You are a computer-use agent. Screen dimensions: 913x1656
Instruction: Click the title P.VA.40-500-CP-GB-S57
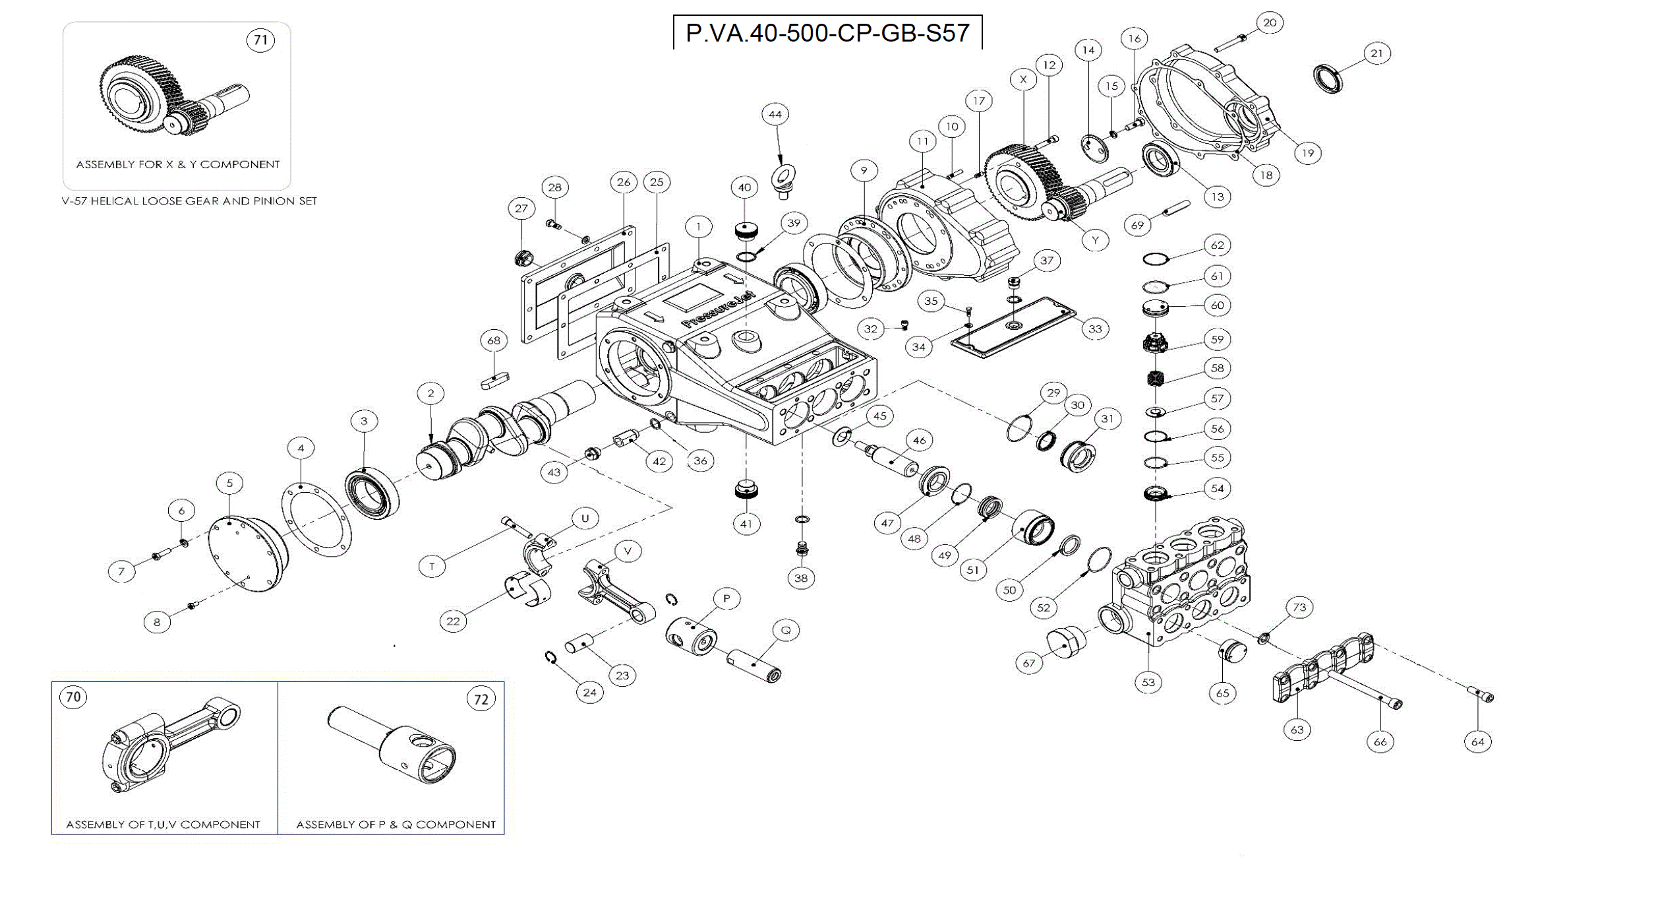(x=827, y=33)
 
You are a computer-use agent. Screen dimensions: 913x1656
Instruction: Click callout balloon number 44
(x=775, y=114)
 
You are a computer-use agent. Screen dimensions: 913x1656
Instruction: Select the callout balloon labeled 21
(x=1376, y=53)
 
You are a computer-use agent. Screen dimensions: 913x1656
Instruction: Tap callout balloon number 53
(x=1148, y=682)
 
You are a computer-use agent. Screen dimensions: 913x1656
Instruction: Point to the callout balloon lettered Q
(x=786, y=630)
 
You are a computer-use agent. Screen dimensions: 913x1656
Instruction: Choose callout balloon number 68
(x=494, y=340)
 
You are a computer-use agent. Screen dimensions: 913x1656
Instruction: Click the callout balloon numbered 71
(x=261, y=40)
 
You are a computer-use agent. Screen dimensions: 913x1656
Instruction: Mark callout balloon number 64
(x=1478, y=741)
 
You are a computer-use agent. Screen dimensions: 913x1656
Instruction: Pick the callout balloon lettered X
(x=1023, y=80)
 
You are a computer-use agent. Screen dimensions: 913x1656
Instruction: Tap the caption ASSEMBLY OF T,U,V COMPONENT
(x=163, y=825)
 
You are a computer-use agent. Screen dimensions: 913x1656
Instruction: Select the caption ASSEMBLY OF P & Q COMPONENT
(x=396, y=825)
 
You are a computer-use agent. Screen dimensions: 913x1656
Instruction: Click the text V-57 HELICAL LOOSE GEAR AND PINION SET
(x=189, y=201)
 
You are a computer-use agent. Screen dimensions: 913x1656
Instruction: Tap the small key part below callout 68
(x=494, y=380)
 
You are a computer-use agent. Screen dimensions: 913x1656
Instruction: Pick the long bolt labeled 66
(x=1365, y=690)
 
